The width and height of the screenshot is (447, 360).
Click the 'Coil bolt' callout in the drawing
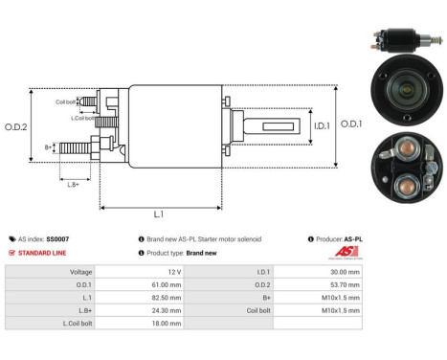(x=66, y=101)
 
